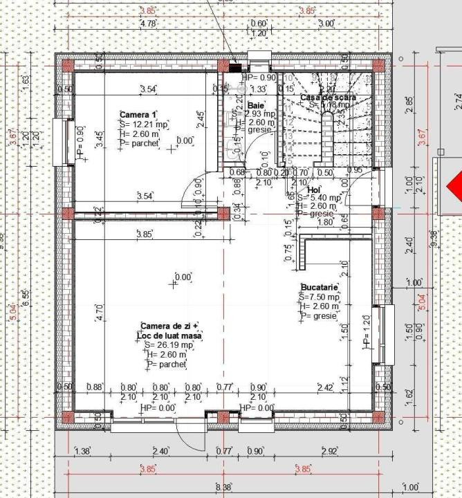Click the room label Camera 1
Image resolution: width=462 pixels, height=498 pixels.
(x=138, y=115)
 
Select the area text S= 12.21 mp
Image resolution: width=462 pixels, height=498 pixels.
(x=144, y=124)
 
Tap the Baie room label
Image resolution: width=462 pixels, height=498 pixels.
(x=246, y=105)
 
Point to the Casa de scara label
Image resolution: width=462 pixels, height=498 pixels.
(x=327, y=98)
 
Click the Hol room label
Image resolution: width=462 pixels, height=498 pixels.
(x=313, y=189)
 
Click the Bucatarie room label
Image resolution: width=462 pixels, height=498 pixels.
(x=319, y=287)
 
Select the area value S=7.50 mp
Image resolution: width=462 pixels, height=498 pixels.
(x=320, y=297)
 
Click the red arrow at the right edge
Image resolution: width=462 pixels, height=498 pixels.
(x=454, y=186)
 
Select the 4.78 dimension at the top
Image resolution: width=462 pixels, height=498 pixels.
(x=149, y=24)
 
